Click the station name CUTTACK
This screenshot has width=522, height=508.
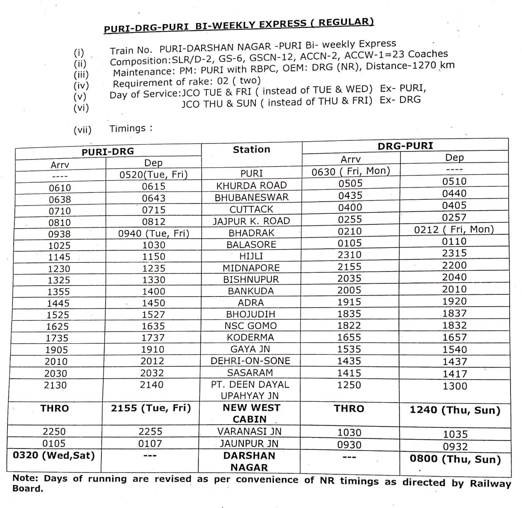click(x=251, y=209)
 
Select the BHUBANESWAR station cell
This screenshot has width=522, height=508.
click(x=251, y=197)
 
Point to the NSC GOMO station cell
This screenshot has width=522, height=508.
click(x=250, y=326)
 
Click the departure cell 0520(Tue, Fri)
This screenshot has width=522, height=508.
click(x=153, y=175)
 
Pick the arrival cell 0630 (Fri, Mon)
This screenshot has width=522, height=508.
click(x=350, y=171)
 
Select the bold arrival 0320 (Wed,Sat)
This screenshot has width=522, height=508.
click(x=54, y=455)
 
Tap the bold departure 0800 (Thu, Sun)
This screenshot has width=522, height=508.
click(x=455, y=459)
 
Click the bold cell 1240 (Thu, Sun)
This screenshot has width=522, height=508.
click(x=455, y=410)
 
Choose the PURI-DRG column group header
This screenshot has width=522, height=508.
click(x=108, y=151)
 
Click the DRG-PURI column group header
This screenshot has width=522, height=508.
click(x=405, y=146)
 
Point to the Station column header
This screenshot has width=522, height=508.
click(x=251, y=149)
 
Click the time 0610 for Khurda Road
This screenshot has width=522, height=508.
click(x=60, y=188)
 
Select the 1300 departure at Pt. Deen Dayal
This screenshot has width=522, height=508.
click(x=455, y=386)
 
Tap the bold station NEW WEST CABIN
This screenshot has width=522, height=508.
click(x=251, y=413)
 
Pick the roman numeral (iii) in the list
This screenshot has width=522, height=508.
click(x=81, y=75)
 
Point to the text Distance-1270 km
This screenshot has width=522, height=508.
click(x=410, y=66)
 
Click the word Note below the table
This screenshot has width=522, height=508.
click(x=25, y=478)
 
